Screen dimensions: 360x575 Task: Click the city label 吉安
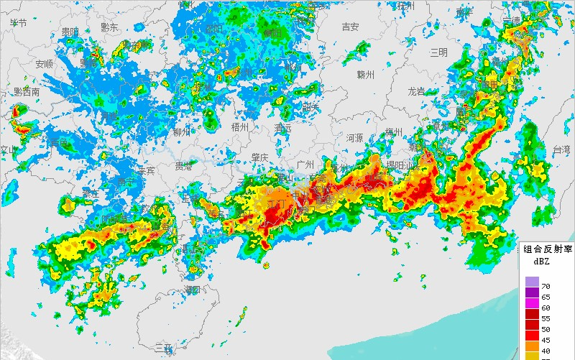pyautogui.click(x=350, y=27)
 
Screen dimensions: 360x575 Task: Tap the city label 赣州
pyautogui.click(x=366, y=75)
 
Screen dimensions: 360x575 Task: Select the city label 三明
pyautogui.click(x=438, y=52)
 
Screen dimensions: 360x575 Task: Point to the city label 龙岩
pyautogui.click(x=417, y=91)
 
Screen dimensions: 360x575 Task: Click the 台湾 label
pyautogui.click(x=561, y=149)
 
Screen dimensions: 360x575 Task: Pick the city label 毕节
pyautogui.click(x=18, y=22)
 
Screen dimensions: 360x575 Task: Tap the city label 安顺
pyautogui.click(x=45, y=64)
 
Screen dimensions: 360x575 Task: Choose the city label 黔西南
pyautogui.click(x=27, y=92)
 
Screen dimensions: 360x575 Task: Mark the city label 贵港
pyautogui.click(x=184, y=167)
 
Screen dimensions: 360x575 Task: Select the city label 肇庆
pyautogui.click(x=259, y=157)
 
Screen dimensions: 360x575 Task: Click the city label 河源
pyautogui.click(x=354, y=137)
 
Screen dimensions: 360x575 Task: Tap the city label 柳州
pyautogui.click(x=182, y=131)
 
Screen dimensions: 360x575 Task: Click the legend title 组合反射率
pyautogui.click(x=547, y=249)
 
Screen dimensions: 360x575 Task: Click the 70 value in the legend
pyautogui.click(x=546, y=287)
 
